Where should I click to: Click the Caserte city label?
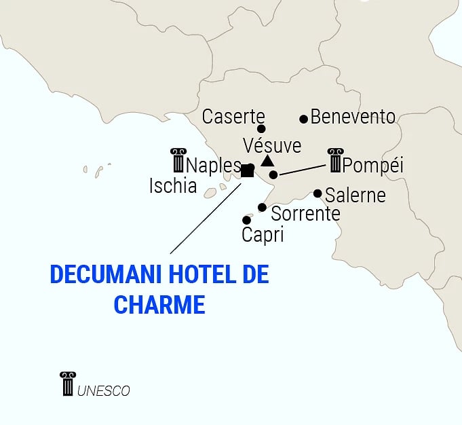(233, 116)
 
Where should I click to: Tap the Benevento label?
(353, 117)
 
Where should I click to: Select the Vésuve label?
(272, 145)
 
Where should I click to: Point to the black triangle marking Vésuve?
(267, 161)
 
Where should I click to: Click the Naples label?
(213, 165)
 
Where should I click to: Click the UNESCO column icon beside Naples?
(178, 160)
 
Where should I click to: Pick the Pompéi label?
(373, 165)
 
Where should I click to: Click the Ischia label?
(173, 186)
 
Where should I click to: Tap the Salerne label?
(355, 196)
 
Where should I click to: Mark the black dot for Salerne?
(317, 193)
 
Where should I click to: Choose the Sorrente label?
(305, 214)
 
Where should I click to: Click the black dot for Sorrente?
(262, 207)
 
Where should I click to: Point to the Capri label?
(263, 235)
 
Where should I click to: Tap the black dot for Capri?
(246, 220)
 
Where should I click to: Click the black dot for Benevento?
(304, 119)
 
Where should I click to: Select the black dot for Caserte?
(261, 128)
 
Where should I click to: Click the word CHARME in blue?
(159, 303)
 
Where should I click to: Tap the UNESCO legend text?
(104, 391)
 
